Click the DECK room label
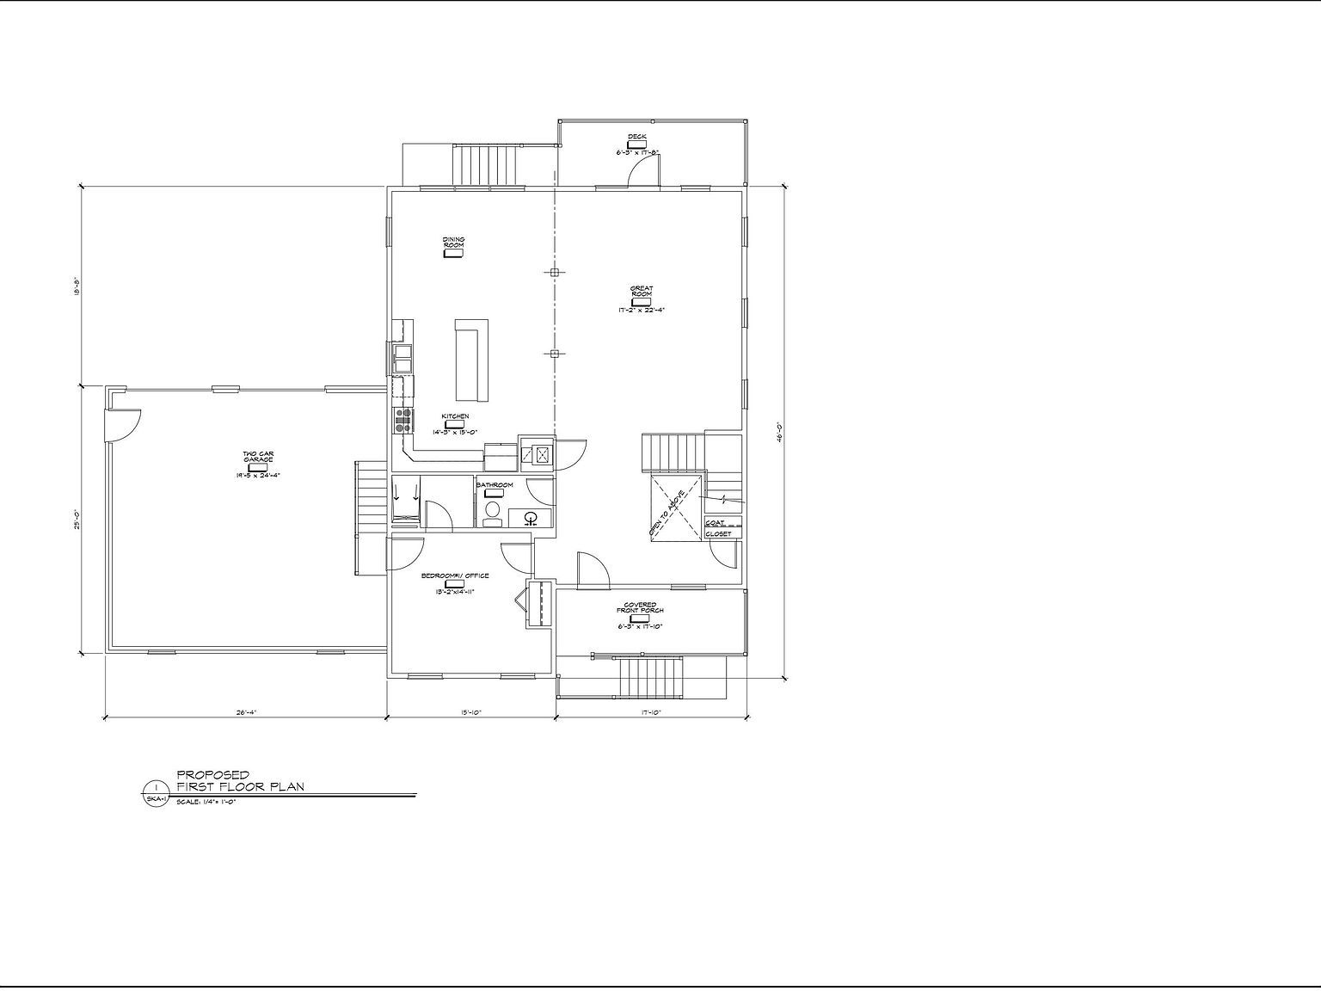click(636, 137)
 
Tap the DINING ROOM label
click(453, 243)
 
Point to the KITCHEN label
click(455, 416)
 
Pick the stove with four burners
click(402, 420)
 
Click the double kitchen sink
click(402, 358)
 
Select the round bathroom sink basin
click(531, 517)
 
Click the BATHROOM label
click(495, 485)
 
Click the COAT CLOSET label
click(717, 528)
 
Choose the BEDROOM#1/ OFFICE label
click(455, 576)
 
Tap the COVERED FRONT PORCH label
click(640, 607)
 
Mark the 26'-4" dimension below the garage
click(246, 711)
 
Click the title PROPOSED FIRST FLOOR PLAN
click(239, 780)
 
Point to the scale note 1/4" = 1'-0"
click(206, 802)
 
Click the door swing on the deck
click(642, 172)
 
